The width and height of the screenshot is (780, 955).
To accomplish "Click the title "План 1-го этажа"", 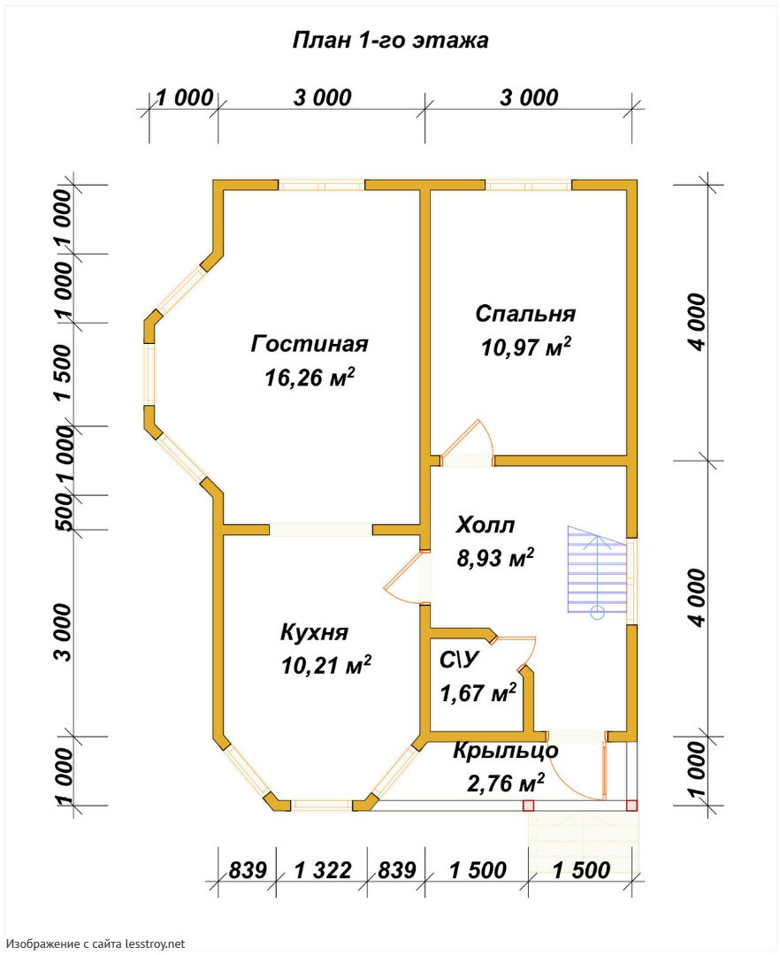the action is point(390,40).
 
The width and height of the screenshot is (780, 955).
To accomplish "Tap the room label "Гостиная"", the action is point(310,343).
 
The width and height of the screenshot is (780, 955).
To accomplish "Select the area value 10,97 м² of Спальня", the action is point(526,348).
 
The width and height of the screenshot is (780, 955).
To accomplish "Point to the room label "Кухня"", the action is point(314,632).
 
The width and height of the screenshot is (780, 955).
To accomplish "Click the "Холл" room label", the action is point(486,524).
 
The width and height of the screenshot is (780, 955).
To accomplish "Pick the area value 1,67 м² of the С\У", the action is point(478,692).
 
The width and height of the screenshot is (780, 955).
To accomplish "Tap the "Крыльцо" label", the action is point(505,751).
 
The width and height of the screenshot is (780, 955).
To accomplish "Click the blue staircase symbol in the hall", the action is point(597,570).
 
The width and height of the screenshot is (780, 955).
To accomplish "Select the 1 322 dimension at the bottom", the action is point(323,870).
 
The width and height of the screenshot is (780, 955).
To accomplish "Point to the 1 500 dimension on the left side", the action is point(63,372).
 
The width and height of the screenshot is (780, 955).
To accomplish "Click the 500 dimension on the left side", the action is point(63,512).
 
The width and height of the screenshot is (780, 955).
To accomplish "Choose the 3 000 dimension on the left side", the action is point(63,632).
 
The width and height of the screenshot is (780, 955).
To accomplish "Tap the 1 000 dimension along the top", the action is point(185,97).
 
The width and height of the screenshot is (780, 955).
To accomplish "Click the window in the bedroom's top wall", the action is point(528,185).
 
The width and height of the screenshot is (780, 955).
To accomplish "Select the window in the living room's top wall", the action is point(322,185).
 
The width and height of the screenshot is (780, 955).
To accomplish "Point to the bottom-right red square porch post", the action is point(632,806).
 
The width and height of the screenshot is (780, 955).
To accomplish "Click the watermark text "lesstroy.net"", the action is point(156,944).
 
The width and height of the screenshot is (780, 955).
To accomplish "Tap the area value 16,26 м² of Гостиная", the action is point(310,378).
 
